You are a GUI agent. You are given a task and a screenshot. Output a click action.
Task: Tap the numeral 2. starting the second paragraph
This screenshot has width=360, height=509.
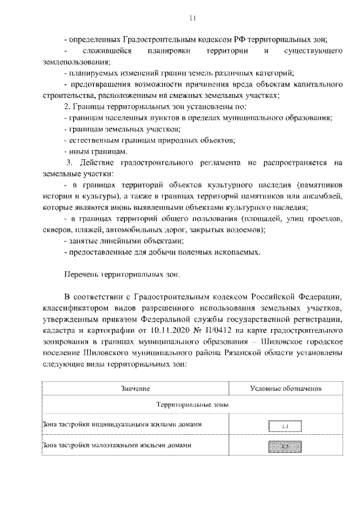click(67, 106)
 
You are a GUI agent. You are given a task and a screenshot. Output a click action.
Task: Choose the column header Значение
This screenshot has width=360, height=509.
click(134, 389)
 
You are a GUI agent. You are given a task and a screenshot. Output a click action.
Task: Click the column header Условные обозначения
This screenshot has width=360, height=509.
click(285, 389)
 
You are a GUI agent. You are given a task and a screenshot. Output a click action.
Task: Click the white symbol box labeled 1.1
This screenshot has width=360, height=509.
click(285, 426)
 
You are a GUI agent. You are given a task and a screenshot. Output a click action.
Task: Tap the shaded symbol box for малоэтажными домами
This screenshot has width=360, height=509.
click(285, 447)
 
